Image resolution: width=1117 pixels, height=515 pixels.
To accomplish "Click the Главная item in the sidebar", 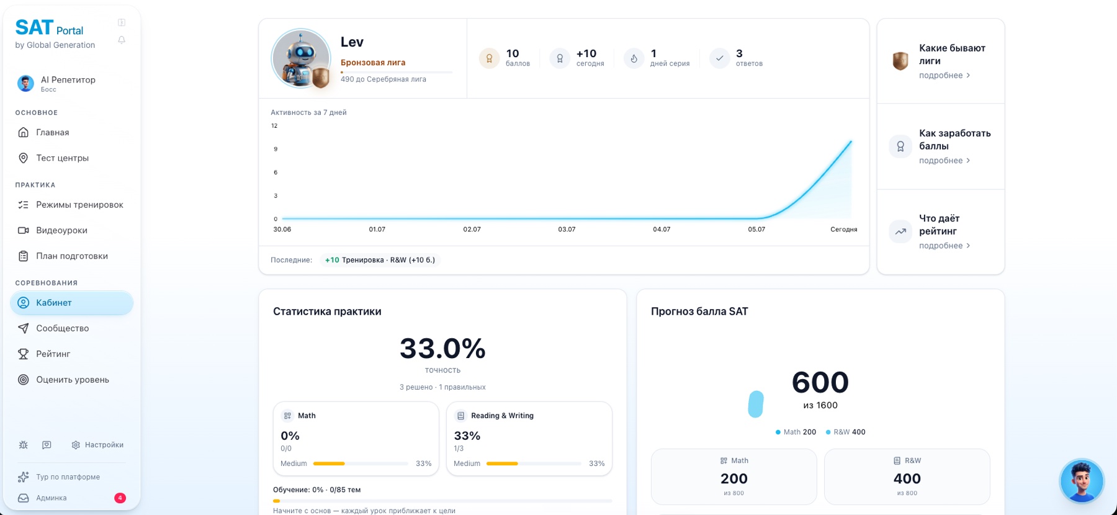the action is (52, 132).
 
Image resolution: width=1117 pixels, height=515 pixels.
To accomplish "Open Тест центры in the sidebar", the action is (62, 158).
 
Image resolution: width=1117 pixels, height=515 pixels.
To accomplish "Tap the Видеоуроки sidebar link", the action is (61, 230).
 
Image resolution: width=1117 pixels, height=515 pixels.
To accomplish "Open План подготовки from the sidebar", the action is (71, 256).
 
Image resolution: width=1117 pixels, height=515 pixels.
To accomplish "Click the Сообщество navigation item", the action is (62, 328).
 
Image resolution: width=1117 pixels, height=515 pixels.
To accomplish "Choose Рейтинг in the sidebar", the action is (53, 354).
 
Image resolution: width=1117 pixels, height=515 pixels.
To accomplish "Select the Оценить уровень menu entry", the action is (72, 380).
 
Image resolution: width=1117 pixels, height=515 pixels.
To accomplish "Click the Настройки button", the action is (97, 445).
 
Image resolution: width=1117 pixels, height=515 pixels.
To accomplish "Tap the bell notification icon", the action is (122, 40).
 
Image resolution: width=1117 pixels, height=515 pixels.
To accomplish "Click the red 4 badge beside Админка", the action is (120, 498).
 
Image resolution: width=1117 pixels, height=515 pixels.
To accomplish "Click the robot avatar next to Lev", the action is (301, 58).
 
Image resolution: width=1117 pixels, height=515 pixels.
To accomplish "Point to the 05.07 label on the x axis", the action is (756, 230).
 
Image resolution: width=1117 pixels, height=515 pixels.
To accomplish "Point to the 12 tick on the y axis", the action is (274, 126).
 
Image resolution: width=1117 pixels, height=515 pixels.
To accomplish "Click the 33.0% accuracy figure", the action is (442, 349).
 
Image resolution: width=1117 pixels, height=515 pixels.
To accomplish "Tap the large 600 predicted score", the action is (820, 382).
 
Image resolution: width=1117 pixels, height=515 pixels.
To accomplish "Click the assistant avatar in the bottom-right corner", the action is (1082, 481).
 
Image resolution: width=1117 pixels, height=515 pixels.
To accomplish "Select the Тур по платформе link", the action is (68, 477).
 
